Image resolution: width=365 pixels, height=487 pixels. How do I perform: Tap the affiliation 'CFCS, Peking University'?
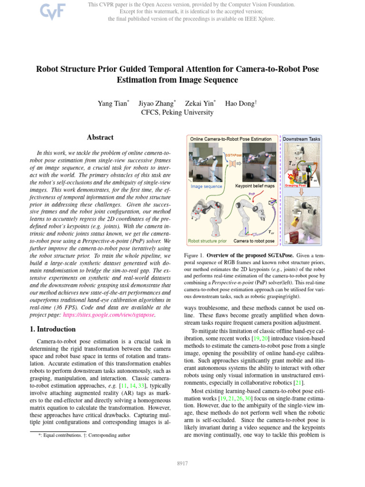(177, 113)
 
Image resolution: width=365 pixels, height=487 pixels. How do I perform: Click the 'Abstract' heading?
(100, 137)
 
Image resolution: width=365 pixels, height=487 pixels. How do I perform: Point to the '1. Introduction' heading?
(50, 329)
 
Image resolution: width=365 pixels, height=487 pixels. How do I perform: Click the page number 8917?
(182, 462)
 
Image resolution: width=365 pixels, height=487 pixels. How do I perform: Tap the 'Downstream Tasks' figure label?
(302, 139)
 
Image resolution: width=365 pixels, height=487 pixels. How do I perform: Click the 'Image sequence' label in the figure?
(207, 186)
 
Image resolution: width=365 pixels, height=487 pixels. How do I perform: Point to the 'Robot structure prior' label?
(208, 241)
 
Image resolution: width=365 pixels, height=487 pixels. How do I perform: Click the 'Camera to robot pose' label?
(254, 241)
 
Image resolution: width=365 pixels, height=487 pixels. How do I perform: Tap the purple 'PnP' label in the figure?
(252, 194)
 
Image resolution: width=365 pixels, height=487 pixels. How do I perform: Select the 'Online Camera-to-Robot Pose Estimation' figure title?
(231, 139)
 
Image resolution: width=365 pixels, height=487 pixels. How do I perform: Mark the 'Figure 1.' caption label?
(194, 255)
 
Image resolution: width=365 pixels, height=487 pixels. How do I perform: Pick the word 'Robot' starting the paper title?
(50, 69)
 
